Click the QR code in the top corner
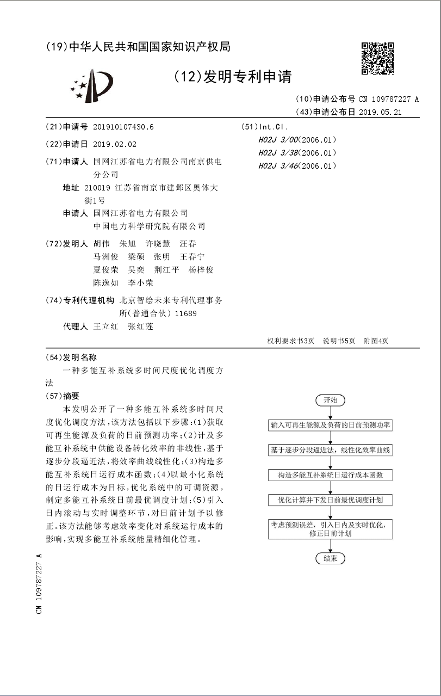377,58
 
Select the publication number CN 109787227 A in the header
388,99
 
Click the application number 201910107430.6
123,127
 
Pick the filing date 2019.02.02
115,144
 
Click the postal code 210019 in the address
98,188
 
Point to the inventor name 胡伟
102,244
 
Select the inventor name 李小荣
140,283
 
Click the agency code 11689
186,313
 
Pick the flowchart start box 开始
330,400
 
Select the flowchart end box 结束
330,558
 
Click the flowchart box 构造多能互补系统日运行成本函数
330,475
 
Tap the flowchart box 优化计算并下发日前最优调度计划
330,500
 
